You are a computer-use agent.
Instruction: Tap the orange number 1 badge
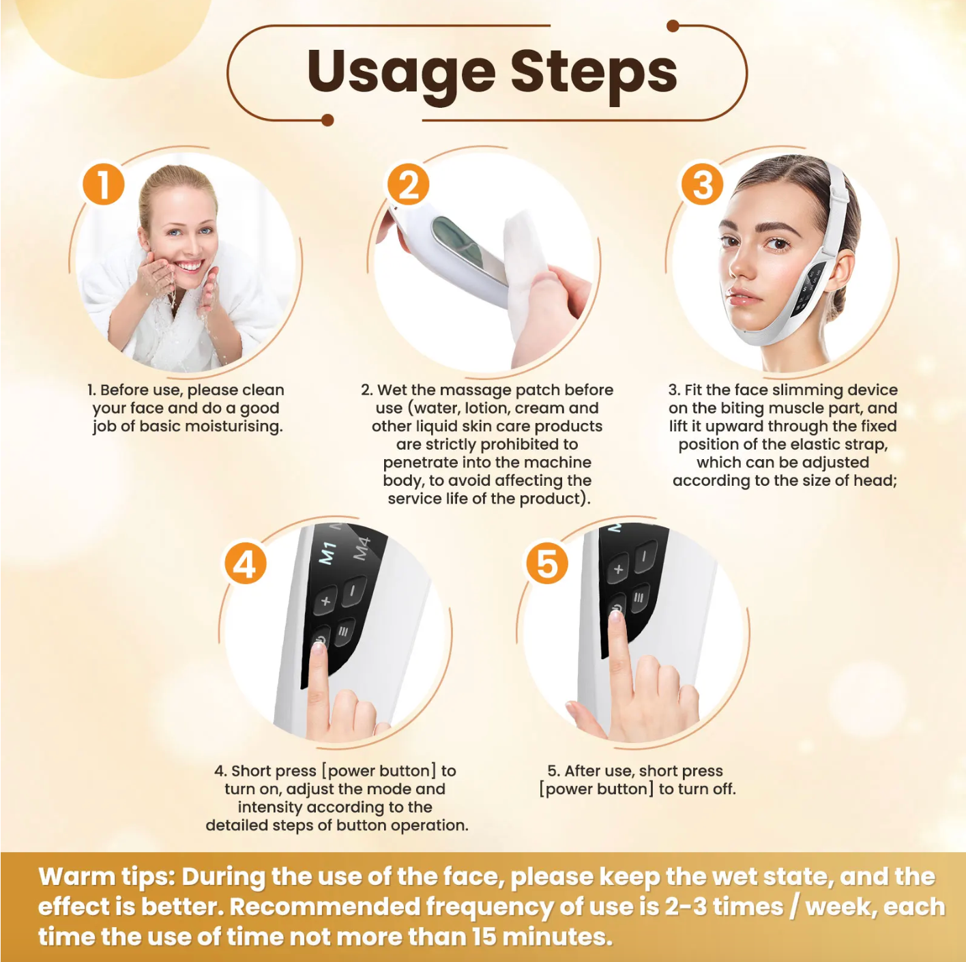[x=104, y=184]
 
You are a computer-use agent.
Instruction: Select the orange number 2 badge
[x=408, y=186]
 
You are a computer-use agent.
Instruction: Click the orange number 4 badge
[x=245, y=564]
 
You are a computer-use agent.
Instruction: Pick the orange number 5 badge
[x=546, y=564]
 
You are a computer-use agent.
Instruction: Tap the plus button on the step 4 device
[x=325, y=600]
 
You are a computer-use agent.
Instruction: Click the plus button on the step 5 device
[x=618, y=568]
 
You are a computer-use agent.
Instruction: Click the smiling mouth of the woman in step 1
[x=188, y=265]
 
